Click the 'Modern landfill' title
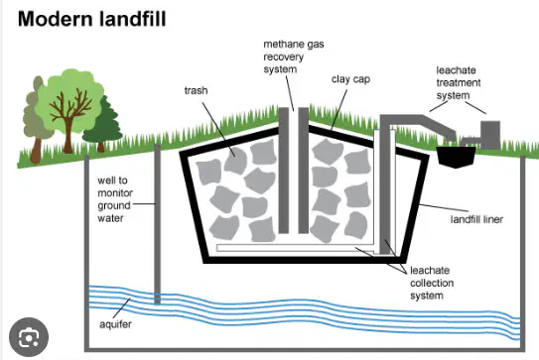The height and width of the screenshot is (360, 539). click(91, 19)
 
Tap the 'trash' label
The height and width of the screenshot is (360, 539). click(196, 90)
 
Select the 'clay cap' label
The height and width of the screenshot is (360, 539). click(350, 79)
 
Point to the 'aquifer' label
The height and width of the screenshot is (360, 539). click(115, 324)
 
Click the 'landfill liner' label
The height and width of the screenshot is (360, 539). click(476, 219)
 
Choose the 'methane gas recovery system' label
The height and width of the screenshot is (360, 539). click(294, 57)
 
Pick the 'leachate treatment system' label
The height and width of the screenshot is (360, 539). click(459, 82)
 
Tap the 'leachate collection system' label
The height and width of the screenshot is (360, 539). click(432, 283)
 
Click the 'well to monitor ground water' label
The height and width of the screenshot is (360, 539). click(115, 199)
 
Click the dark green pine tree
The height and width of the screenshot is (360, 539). click(103, 125)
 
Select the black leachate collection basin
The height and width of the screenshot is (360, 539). click(456, 157)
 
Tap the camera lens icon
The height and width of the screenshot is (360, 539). click(29, 337)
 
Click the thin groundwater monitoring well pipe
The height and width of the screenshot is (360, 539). click(157, 224)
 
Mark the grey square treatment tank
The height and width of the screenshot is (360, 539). click(490, 135)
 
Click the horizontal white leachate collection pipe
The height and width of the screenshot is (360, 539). click(295, 248)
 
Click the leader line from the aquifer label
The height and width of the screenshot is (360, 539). click(121, 308)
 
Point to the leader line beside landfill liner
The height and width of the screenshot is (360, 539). click(444, 207)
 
